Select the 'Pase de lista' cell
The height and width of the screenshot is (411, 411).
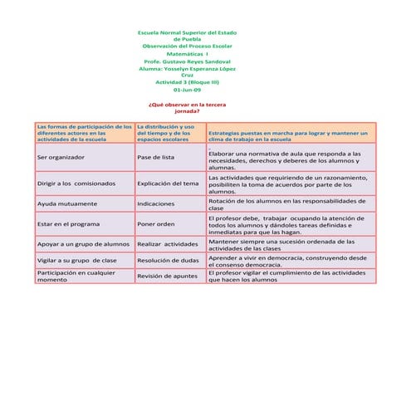click(156, 157)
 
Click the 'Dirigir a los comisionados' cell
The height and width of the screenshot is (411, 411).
click(76, 183)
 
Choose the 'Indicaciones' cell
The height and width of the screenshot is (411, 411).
click(155, 203)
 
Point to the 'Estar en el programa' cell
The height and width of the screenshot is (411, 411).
click(69, 223)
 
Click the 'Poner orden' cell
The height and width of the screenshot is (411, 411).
click(156, 223)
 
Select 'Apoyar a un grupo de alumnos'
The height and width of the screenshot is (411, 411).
click(83, 244)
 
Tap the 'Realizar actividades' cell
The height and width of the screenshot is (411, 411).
click(168, 244)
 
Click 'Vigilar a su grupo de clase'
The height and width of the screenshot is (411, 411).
click(77, 261)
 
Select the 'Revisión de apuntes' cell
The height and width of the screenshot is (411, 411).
click(168, 276)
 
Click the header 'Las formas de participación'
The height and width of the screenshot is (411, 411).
click(83, 133)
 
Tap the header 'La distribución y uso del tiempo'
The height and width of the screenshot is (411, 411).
click(167, 133)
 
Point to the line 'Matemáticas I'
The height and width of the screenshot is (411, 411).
click(187, 53)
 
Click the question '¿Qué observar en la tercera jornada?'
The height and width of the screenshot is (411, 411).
click(187, 108)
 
